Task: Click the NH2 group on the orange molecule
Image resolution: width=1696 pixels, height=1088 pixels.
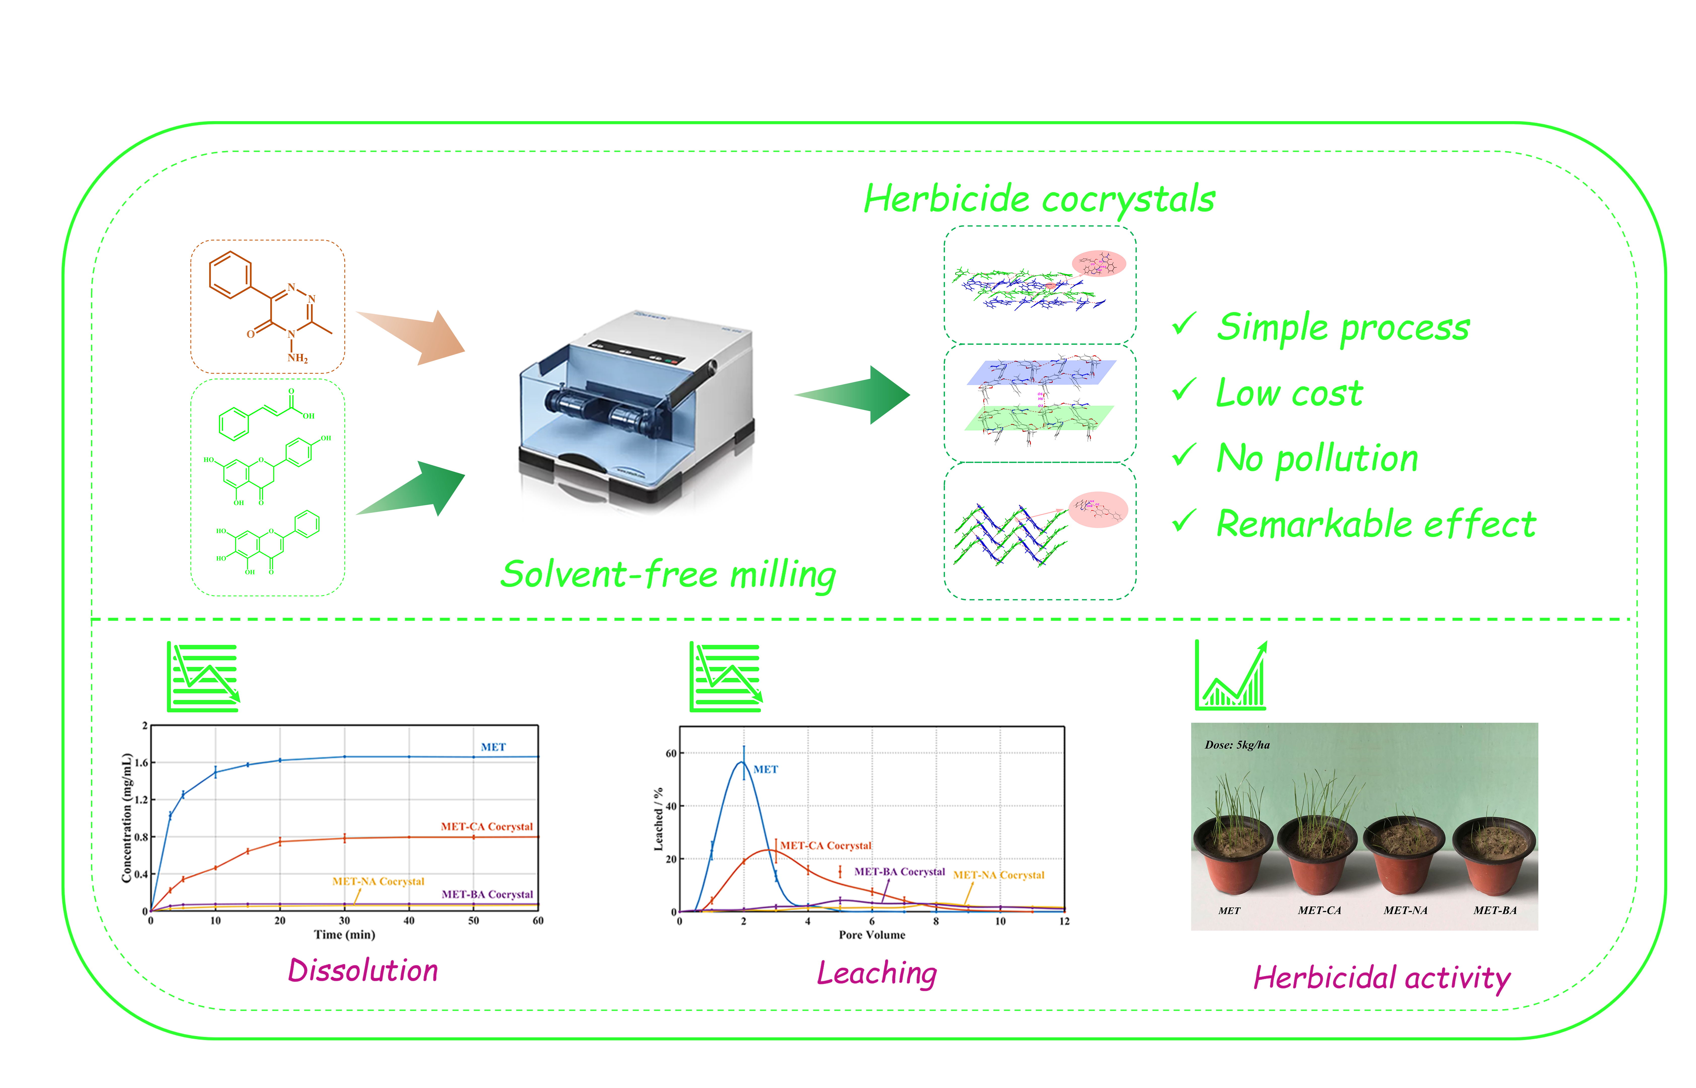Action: tap(297, 358)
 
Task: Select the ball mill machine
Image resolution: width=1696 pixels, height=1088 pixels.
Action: tap(636, 410)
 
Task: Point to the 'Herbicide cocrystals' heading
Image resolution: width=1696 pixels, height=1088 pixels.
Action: tap(1039, 199)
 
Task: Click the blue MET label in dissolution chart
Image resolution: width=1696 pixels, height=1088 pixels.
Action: tap(493, 747)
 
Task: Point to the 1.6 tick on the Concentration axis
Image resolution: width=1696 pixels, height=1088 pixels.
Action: tap(141, 763)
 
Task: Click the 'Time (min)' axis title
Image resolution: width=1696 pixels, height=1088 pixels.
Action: tap(344, 935)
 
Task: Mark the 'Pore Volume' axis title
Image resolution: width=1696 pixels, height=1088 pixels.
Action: tap(872, 935)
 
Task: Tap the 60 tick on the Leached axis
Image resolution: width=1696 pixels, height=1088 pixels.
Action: tap(671, 753)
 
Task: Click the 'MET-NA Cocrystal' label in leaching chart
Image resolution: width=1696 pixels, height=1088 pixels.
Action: tap(999, 875)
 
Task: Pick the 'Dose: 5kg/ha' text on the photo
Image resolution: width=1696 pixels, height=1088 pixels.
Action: tap(1237, 745)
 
